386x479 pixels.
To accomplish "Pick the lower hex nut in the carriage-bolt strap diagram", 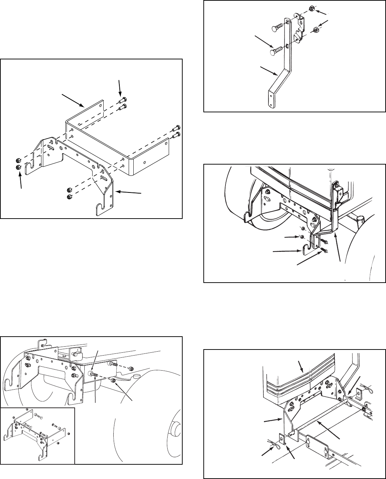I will pyautogui.click(x=316, y=29).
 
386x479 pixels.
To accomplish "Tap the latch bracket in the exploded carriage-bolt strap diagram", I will pyautogui.click(x=299, y=29).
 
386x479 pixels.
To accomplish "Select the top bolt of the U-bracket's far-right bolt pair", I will pyautogui.click(x=176, y=128).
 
